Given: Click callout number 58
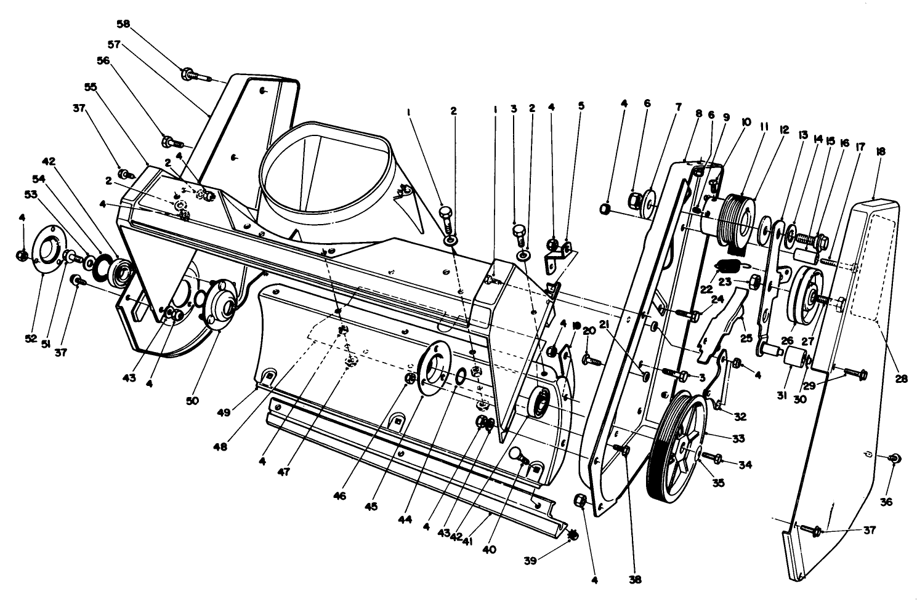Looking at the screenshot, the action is pos(123,24).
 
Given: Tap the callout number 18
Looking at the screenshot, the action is pos(881,151).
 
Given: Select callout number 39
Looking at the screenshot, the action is pos(530,561).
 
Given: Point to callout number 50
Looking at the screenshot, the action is pos(192,401).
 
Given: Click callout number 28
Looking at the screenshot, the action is pos(901,379).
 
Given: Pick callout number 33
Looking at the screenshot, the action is pos(738,439).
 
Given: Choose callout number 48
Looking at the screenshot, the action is pos(220,447).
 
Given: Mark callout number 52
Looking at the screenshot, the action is pos(31,339).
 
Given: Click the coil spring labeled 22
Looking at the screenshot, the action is pos(728,269).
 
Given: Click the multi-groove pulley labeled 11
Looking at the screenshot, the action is pos(737,220).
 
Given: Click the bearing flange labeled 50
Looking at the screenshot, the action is pos(221,303).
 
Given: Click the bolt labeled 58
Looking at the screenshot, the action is pos(196,75).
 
